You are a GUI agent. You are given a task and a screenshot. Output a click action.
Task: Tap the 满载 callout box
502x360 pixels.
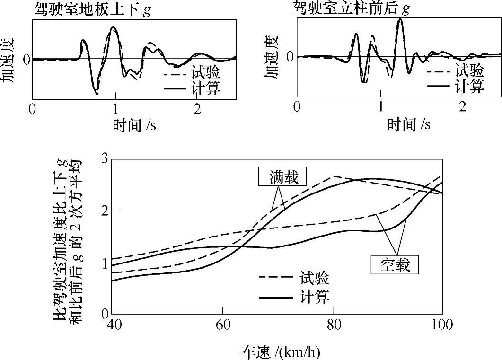282,177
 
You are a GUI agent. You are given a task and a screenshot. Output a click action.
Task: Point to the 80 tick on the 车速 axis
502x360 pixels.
334,325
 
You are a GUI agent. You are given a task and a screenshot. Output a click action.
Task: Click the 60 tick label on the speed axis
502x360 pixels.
222,325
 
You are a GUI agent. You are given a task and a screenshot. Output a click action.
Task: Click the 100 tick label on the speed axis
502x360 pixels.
442,325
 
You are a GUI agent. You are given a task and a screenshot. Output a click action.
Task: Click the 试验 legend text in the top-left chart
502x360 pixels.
206,73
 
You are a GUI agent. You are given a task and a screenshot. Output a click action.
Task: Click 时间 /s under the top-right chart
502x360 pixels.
409,124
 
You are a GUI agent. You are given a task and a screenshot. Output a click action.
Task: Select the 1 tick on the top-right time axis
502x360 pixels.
381,106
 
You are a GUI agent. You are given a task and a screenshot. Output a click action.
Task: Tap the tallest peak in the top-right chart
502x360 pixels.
400,19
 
